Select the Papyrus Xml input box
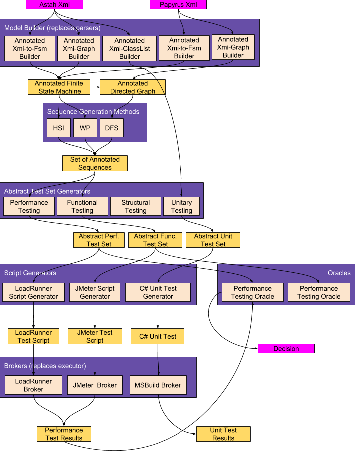(178, 4)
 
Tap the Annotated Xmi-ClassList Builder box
(129, 48)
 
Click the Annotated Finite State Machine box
(59, 87)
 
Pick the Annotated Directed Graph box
(132, 87)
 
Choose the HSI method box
(58, 128)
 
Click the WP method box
(85, 128)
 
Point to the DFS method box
(112, 128)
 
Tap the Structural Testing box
(136, 207)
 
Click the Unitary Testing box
(181, 207)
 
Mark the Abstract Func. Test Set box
(155, 240)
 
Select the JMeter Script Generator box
(95, 292)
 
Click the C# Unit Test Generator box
(158, 292)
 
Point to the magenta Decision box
(286, 348)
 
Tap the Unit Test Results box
(223, 434)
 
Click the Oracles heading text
(339, 273)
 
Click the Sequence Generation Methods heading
(93, 111)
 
